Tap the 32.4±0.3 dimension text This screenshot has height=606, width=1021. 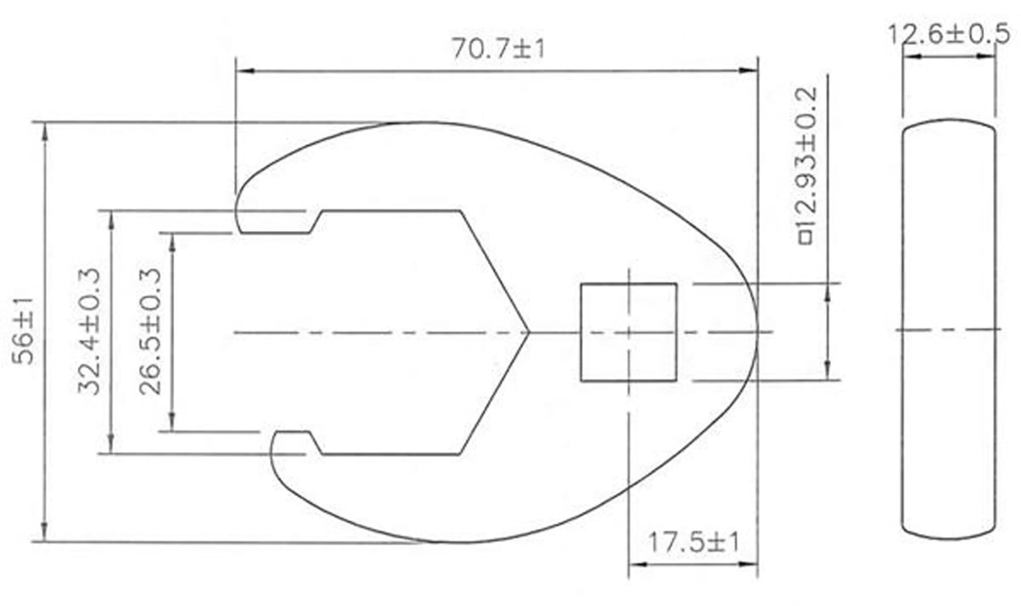[x=89, y=331]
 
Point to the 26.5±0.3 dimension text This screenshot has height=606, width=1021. [x=150, y=331]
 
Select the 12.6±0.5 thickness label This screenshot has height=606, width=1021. [x=949, y=34]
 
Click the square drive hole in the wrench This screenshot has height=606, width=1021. [x=629, y=332]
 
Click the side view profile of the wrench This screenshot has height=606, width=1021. [x=949, y=329]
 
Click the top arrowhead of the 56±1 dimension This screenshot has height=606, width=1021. [x=45, y=131]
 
